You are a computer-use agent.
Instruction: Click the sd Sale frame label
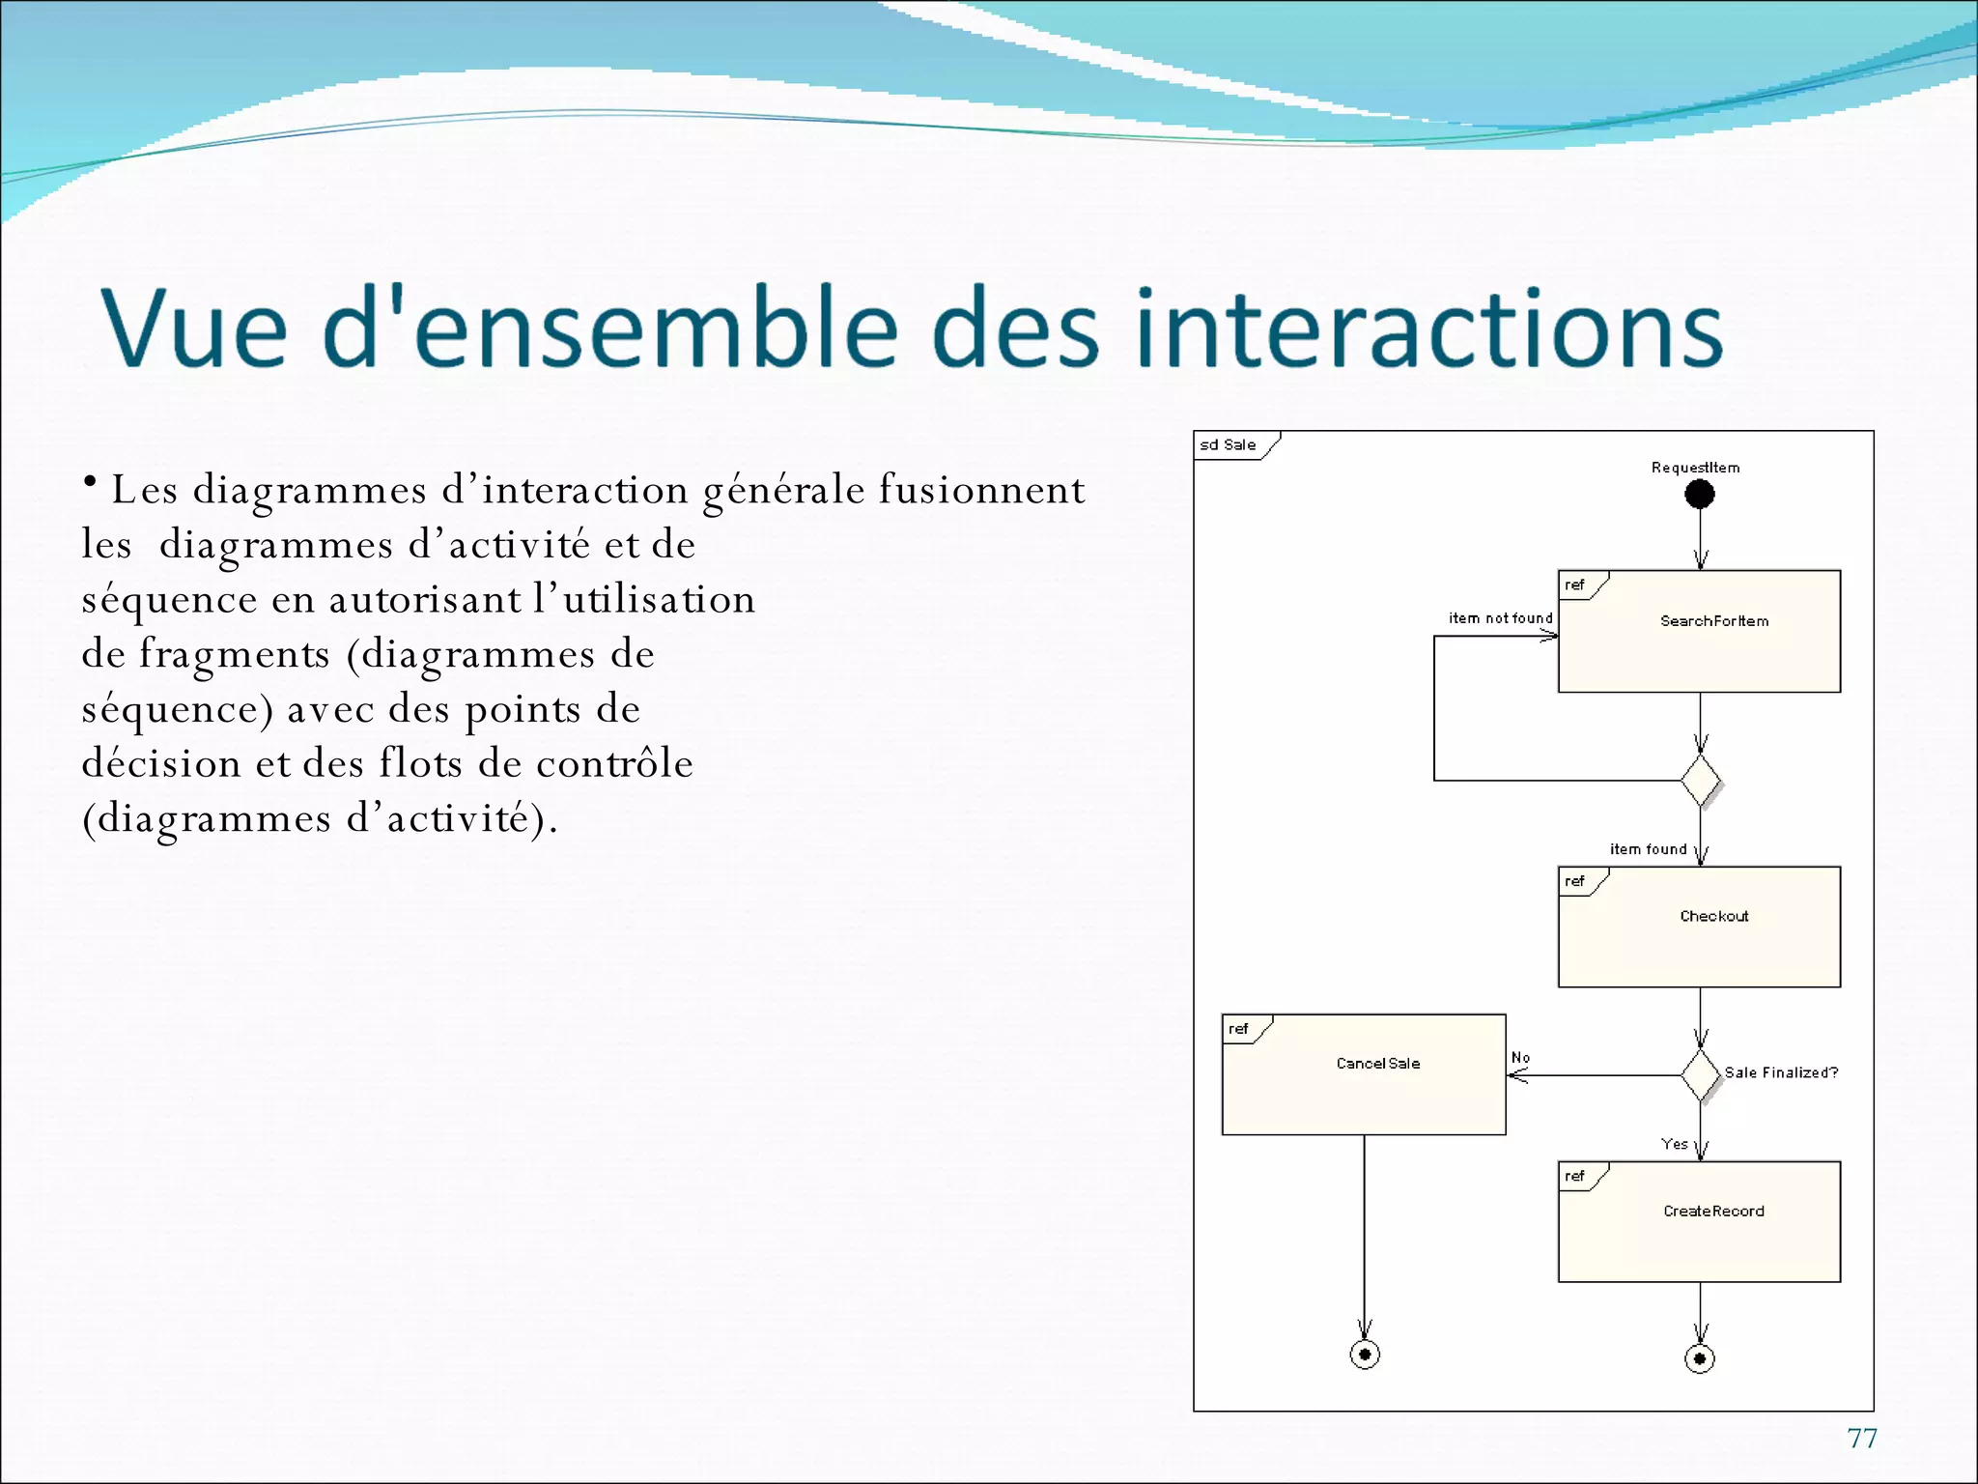pyautogui.click(x=1228, y=444)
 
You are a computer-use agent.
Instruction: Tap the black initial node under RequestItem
pyautogui.click(x=1700, y=495)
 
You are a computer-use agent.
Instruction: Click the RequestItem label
pyautogui.click(x=1695, y=468)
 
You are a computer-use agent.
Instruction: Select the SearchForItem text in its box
pyautogui.click(x=1714, y=621)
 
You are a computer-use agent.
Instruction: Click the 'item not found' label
pyautogui.click(x=1500, y=618)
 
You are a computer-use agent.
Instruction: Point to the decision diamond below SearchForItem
pyautogui.click(x=1700, y=781)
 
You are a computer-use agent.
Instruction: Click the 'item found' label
pyautogui.click(x=1648, y=849)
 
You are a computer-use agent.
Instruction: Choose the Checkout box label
pyautogui.click(x=1714, y=916)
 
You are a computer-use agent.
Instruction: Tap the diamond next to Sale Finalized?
pyautogui.click(x=1700, y=1075)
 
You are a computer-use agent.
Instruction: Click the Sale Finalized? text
pyautogui.click(x=1781, y=1072)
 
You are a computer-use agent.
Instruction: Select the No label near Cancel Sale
pyautogui.click(x=1520, y=1058)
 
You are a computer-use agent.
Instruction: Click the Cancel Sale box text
pyautogui.click(x=1378, y=1064)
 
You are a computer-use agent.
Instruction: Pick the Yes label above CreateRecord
pyautogui.click(x=1675, y=1144)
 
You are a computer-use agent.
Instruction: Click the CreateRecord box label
pyautogui.click(x=1713, y=1212)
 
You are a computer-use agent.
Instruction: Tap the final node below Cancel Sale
pyautogui.click(x=1365, y=1355)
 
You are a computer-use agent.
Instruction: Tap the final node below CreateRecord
pyautogui.click(x=1700, y=1359)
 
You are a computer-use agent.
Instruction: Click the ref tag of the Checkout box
pyautogui.click(x=1574, y=881)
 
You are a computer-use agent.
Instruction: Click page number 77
pyautogui.click(x=1861, y=1439)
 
